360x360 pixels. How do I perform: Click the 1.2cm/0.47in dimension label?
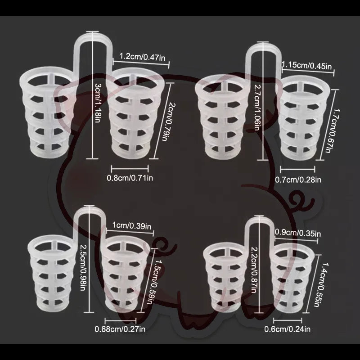[142, 57]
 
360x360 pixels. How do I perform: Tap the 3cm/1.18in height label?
[98, 103]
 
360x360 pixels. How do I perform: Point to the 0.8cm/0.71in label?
[130, 178]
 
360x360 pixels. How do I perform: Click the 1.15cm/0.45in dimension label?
[307, 66]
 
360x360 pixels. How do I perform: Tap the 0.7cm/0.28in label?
[298, 180]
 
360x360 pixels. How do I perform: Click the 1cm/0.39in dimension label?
[132, 226]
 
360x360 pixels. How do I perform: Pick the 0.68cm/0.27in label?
[120, 329]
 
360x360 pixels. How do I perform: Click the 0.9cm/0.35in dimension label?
[298, 233]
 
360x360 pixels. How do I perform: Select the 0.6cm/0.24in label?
[287, 329]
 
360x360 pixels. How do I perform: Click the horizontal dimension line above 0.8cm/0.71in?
[130, 169]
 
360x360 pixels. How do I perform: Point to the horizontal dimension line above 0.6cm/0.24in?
[288, 320]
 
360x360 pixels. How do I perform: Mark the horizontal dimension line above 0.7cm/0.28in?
[297, 170]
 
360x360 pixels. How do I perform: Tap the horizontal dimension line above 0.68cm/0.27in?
[121, 321]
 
